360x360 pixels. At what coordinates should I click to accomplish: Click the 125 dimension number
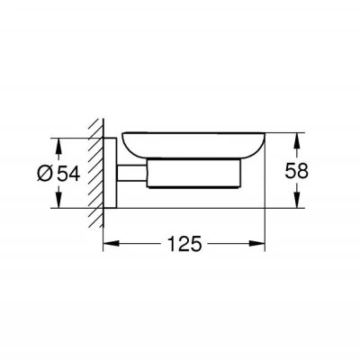[x=184, y=244]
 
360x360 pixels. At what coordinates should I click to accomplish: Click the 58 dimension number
[x=296, y=171]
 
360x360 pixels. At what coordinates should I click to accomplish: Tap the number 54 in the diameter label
[x=68, y=174]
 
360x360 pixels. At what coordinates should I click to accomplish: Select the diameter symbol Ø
[x=45, y=174]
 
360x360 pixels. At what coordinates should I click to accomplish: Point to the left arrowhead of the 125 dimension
[x=112, y=243]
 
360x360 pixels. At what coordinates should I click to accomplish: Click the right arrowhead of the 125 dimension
[x=256, y=243]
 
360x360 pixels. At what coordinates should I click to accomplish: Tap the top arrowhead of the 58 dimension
[x=296, y=140]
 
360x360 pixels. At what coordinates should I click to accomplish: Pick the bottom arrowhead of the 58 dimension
[x=296, y=200]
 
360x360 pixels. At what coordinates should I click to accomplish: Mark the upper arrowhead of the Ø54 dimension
[x=58, y=147]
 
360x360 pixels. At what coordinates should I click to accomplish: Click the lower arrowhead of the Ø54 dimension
[x=58, y=200]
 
